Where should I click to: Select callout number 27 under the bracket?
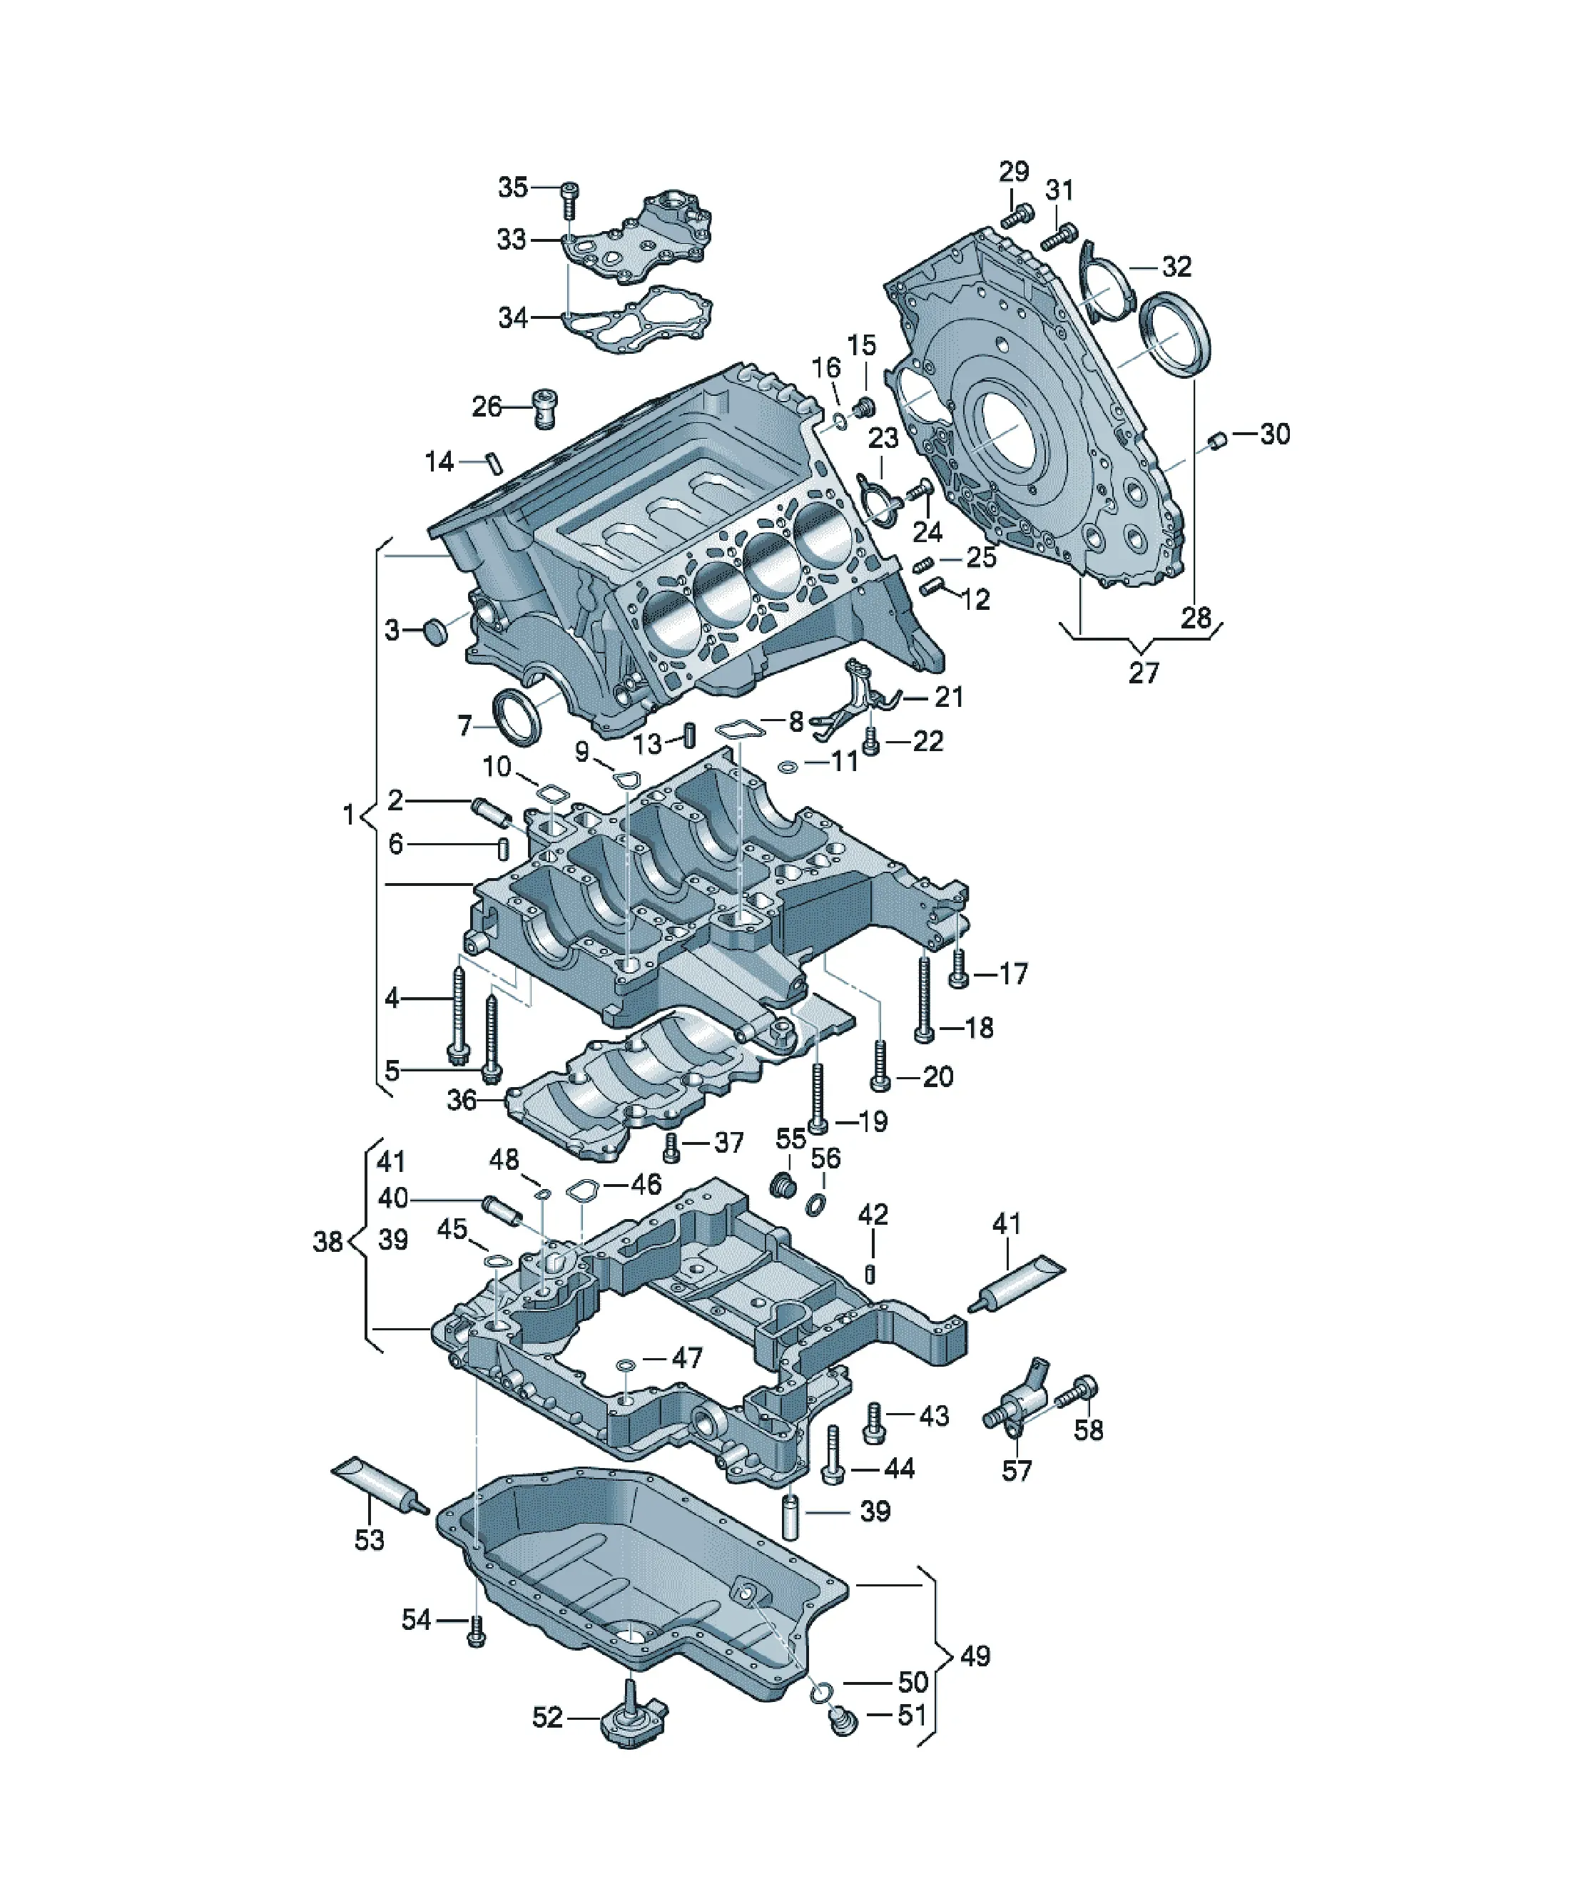click(x=1143, y=673)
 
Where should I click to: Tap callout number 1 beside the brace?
click(x=349, y=815)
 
